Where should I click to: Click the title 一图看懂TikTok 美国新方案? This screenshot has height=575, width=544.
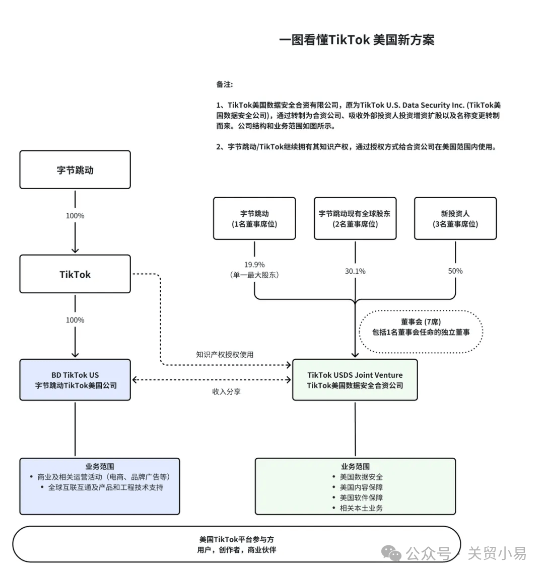[x=357, y=40]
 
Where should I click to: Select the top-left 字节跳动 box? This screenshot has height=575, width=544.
[x=75, y=170]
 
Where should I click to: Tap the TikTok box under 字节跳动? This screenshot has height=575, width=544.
[x=75, y=274]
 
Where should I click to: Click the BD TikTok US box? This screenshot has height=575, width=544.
[x=75, y=380]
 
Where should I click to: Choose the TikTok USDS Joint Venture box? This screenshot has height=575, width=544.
[x=355, y=380]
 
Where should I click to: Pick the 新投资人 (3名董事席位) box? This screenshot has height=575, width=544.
[x=455, y=218]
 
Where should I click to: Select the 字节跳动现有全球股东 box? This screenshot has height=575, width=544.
[x=355, y=218]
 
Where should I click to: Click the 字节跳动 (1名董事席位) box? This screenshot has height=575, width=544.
[x=254, y=218]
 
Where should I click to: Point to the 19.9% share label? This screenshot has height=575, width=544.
[x=254, y=265]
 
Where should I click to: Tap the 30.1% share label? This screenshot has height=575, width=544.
[x=355, y=271]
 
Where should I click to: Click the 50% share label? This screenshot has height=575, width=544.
[x=455, y=271]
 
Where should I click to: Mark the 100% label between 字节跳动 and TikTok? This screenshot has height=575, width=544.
[x=75, y=216]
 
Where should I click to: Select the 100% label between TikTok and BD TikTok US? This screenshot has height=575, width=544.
[x=75, y=320]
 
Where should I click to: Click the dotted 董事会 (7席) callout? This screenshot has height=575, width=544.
[x=421, y=327]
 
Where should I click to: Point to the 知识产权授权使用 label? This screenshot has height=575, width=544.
[x=225, y=354]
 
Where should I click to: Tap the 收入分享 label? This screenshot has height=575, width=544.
[x=226, y=391]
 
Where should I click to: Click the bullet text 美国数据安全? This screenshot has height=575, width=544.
[x=361, y=477]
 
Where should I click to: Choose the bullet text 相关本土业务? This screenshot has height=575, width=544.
[x=361, y=508]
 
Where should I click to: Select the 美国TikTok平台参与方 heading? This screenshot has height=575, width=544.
[x=236, y=539]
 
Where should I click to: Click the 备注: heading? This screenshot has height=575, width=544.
[x=225, y=84]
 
